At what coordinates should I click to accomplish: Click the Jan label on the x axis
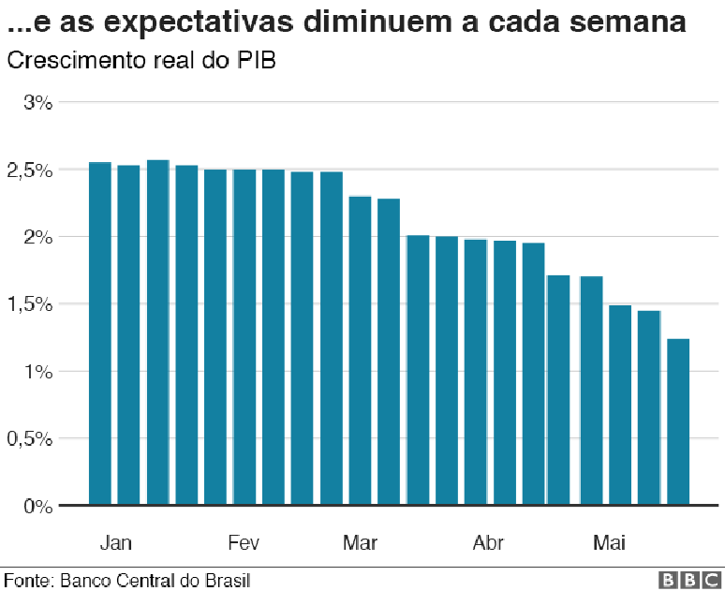pyautogui.click(x=115, y=543)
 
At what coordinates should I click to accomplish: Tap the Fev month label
pyautogui.click(x=244, y=543)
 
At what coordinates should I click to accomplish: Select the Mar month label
pyautogui.click(x=361, y=543)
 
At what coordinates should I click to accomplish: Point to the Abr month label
pyautogui.click(x=488, y=543)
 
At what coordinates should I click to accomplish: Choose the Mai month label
pyautogui.click(x=609, y=543)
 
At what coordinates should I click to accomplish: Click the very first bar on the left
pyautogui.click(x=99, y=333)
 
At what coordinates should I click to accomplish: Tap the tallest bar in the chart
pyautogui.click(x=157, y=332)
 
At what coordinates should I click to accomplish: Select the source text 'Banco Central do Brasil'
pyautogui.click(x=155, y=581)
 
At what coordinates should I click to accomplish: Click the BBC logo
pyautogui.click(x=690, y=581)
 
